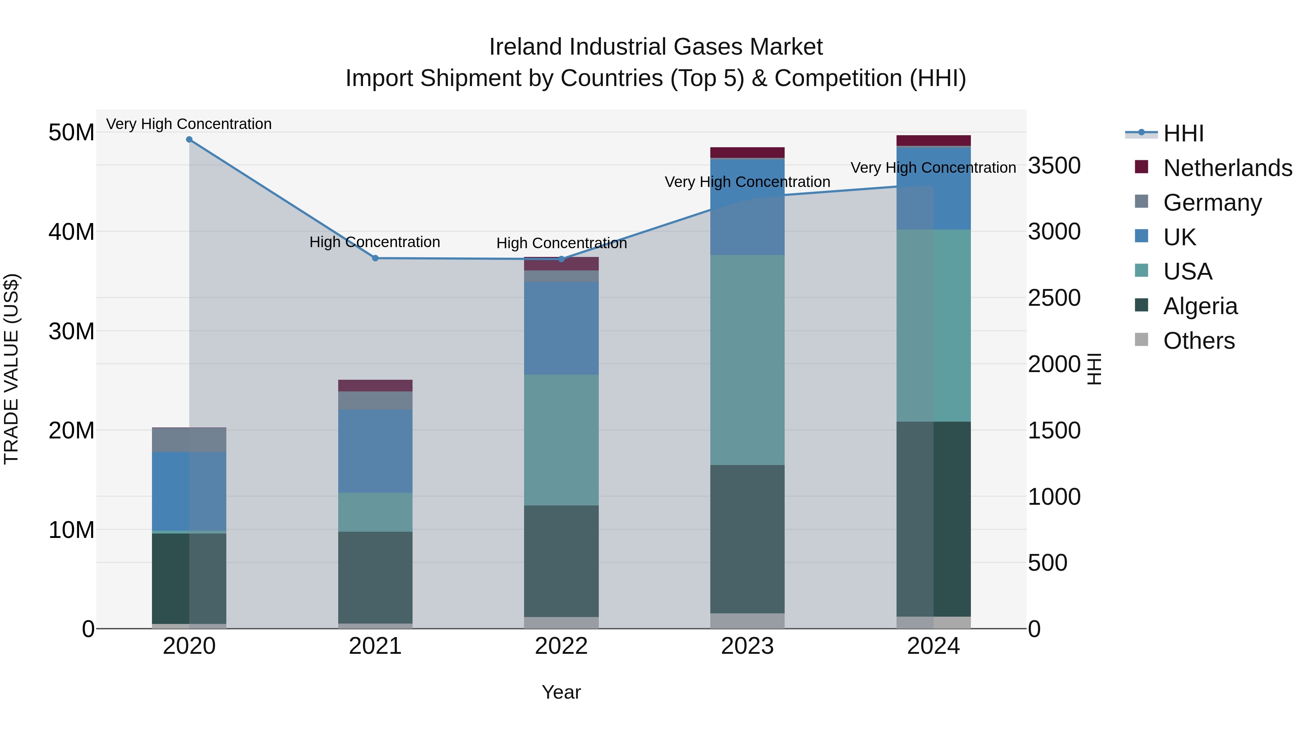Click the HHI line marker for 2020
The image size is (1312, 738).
[189, 140]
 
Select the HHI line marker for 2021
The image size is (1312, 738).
[375, 258]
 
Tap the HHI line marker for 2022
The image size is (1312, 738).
[561, 259]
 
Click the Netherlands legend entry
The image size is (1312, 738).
[1227, 168]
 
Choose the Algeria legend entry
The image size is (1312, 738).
[1200, 306]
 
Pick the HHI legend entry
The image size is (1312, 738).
[1183, 133]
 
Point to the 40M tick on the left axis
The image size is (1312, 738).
[71, 232]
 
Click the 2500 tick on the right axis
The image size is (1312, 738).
[1054, 298]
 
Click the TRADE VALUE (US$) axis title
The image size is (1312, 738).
[12, 369]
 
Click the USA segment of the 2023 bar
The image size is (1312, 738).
[747, 360]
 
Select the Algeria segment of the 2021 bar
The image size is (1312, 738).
[375, 578]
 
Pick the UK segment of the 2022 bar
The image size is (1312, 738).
[561, 328]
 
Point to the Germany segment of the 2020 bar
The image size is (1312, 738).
[189, 440]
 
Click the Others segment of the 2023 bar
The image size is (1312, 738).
[747, 621]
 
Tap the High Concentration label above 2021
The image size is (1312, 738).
[375, 242]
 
